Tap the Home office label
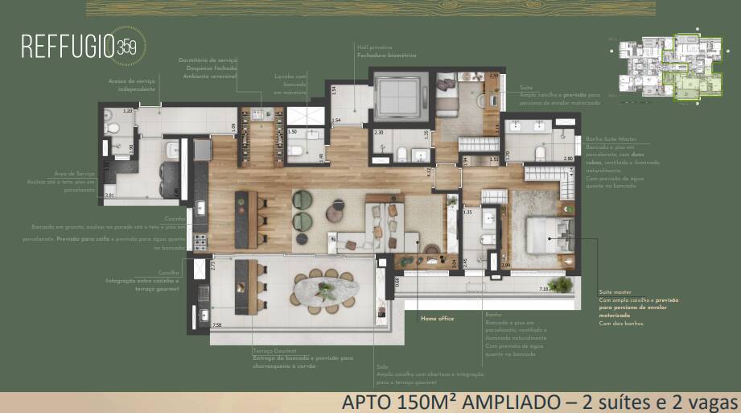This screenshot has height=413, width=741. [437, 319]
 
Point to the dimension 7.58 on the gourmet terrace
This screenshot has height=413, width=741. [216, 325]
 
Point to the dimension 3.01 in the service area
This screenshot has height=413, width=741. [109, 195]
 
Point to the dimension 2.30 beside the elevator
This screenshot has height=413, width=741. [378, 132]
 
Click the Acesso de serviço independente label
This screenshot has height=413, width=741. [129, 85]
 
